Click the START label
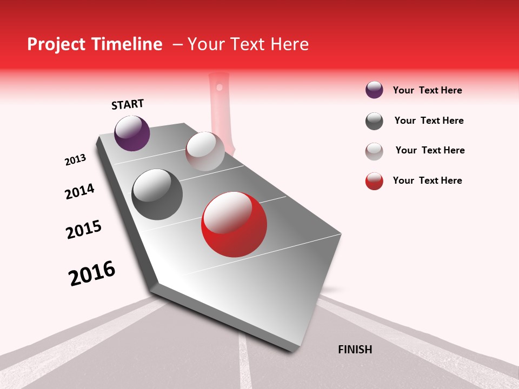pyautogui.click(x=128, y=104)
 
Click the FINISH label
pyautogui.click(x=355, y=350)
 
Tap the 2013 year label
pyautogui.click(x=76, y=160)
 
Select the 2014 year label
pyautogui.click(x=79, y=191)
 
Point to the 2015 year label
pyautogui.click(x=84, y=230)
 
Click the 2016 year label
pyautogui.click(x=92, y=273)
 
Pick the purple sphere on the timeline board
pyautogui.click(x=132, y=133)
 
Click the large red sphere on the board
pyautogui.click(x=234, y=224)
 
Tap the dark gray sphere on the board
pyautogui.click(x=157, y=194)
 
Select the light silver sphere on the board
pyautogui.click(x=205, y=151)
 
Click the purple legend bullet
pyautogui.click(x=374, y=90)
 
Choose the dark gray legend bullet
pyautogui.click(x=374, y=121)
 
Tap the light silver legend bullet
pyautogui.click(x=374, y=151)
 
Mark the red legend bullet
pyautogui.click(x=374, y=182)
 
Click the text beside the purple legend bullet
pyautogui.click(x=427, y=90)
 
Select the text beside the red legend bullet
pyautogui.click(x=427, y=180)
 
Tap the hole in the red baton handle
pyautogui.click(x=219, y=86)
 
